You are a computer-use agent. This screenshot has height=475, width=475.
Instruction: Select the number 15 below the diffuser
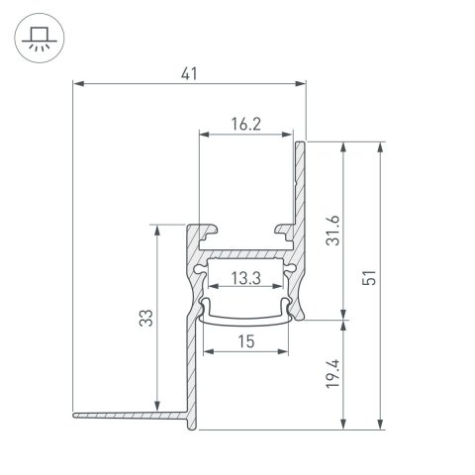coord(245,342)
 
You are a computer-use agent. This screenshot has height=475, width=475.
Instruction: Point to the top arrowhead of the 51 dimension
coord(380,144)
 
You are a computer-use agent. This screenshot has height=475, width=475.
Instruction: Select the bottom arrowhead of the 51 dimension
coord(380,427)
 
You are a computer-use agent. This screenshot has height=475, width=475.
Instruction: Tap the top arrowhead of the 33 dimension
coord(157,228)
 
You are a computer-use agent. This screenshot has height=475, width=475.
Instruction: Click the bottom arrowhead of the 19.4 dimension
coord(343,427)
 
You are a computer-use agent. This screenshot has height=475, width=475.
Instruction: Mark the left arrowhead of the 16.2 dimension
coord(201,134)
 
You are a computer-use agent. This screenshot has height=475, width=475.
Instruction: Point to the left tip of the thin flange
coord(73,411)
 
